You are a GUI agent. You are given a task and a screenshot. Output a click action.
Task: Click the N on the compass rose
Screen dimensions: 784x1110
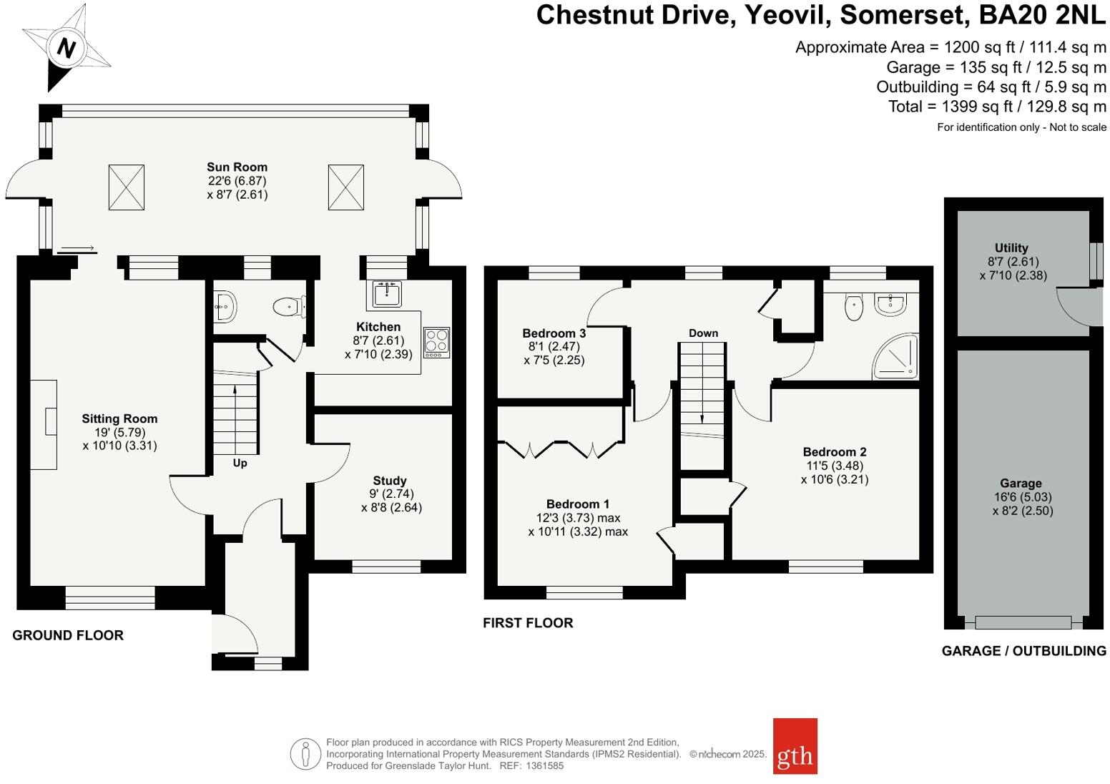pyautogui.click(x=67, y=49)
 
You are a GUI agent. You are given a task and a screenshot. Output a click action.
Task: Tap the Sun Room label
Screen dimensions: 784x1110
pyautogui.click(x=237, y=167)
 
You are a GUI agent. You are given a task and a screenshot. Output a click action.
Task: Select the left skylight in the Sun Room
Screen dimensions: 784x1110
pyautogui.click(x=127, y=187)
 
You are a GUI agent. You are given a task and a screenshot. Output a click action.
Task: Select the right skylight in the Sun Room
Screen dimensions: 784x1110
pyautogui.click(x=346, y=187)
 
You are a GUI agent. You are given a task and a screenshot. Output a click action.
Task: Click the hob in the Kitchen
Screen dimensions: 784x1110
pyautogui.click(x=436, y=342)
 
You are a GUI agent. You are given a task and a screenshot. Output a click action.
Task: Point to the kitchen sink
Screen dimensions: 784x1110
pyautogui.click(x=387, y=293)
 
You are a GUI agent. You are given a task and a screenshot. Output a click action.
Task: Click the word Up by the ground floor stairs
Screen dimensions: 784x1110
pyautogui.click(x=240, y=464)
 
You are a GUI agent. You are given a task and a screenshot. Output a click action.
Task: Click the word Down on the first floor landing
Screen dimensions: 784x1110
pyautogui.click(x=703, y=333)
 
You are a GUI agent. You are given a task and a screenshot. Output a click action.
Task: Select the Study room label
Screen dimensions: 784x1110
pyautogui.click(x=390, y=481)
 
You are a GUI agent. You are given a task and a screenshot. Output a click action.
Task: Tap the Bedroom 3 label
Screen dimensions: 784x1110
pyautogui.click(x=554, y=333)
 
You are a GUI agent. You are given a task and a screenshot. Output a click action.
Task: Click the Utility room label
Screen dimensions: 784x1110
pyautogui.click(x=1011, y=248)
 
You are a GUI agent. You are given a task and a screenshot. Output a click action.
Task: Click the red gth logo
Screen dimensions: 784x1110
pyautogui.click(x=795, y=746)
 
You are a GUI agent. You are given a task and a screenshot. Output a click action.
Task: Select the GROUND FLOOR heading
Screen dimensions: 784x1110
pyautogui.click(x=68, y=635)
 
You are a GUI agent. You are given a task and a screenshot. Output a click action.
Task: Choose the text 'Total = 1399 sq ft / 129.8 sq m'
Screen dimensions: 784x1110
pyautogui.click(x=997, y=107)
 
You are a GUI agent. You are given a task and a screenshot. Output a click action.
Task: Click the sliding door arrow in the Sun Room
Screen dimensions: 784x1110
pyautogui.click(x=77, y=249)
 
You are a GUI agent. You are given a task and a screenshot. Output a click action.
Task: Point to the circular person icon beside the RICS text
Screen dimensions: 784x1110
pyautogui.click(x=305, y=754)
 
